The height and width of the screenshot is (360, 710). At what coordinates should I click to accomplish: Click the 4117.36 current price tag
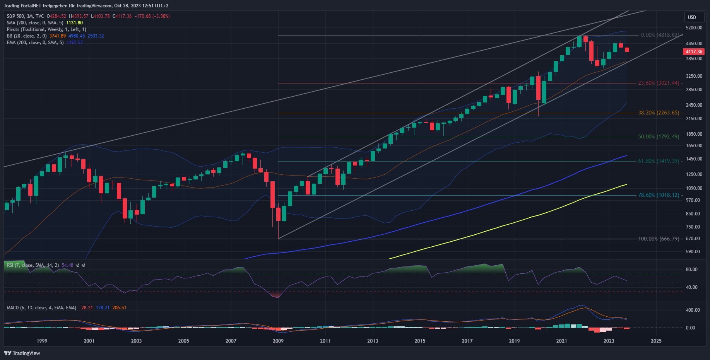[694, 52]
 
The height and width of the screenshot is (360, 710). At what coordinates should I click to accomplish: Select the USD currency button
[692, 17]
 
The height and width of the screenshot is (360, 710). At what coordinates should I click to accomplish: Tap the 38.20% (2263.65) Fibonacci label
[659, 113]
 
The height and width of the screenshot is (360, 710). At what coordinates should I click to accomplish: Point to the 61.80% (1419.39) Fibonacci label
[659, 161]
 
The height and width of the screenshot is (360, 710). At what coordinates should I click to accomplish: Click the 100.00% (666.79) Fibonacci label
[659, 239]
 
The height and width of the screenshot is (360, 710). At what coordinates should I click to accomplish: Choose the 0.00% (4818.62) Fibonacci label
[660, 35]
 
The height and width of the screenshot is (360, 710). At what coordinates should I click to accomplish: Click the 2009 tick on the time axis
[278, 341]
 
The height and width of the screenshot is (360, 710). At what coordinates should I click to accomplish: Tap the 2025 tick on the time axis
[656, 341]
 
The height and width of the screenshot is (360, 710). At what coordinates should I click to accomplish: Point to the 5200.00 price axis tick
[694, 28]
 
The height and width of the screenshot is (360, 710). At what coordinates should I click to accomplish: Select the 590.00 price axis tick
[693, 252]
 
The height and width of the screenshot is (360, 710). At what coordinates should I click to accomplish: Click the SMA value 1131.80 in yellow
[74, 23]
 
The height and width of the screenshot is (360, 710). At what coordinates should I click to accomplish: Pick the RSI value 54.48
[67, 265]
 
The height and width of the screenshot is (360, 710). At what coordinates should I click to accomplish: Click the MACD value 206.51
[119, 308]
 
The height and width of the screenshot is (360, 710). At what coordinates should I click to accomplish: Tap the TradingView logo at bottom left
[22, 353]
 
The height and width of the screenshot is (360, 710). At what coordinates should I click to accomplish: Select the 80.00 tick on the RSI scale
[691, 270]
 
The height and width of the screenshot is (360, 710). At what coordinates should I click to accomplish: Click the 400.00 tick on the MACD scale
[693, 310]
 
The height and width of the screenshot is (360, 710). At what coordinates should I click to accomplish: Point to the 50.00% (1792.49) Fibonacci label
[659, 137]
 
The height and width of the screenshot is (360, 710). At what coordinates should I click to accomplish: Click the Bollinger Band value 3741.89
[58, 36]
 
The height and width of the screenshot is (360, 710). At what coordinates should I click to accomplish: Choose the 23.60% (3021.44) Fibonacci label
[659, 83]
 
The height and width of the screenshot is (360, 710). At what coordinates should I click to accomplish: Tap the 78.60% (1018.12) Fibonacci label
[659, 195]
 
